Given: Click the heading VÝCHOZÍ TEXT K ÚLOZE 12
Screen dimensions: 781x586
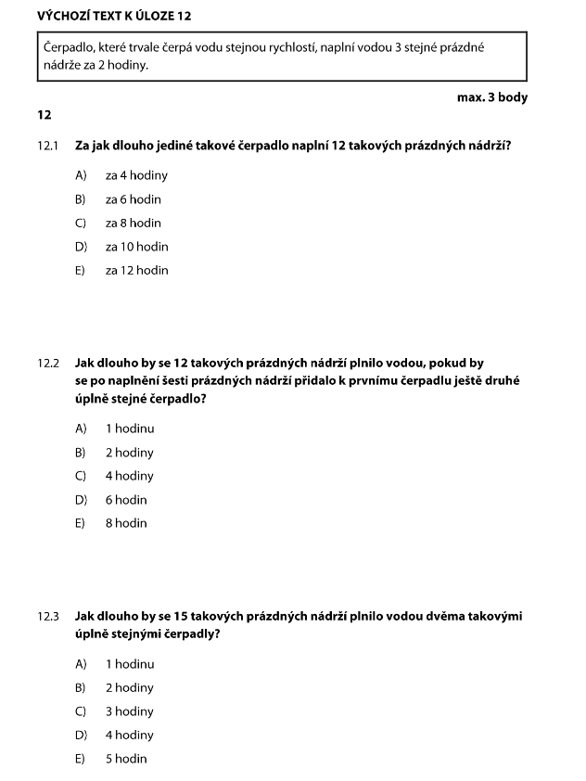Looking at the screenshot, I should [x=115, y=17].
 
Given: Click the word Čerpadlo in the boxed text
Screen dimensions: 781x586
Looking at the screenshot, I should [x=69, y=45].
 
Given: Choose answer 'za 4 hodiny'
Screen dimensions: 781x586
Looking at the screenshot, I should [x=136, y=175].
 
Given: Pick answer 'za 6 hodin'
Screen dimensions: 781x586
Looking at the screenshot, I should [x=134, y=199].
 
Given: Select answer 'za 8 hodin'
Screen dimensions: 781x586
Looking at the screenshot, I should [x=134, y=223].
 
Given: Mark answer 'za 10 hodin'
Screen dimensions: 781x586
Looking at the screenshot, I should [x=136, y=247].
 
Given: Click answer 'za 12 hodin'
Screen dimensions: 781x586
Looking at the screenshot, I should [x=136, y=270].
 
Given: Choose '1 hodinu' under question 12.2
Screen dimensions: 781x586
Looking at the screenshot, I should [x=130, y=429].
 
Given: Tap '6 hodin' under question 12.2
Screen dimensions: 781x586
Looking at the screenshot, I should [x=126, y=500].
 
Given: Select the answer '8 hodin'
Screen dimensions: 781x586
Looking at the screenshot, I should [x=126, y=523].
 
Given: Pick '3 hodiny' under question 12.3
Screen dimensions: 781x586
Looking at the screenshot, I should [x=130, y=711].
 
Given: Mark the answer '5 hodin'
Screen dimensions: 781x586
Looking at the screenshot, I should [x=126, y=759].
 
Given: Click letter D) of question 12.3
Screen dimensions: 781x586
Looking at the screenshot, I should [x=81, y=736].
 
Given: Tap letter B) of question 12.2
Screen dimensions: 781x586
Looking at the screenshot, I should [x=81, y=453].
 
